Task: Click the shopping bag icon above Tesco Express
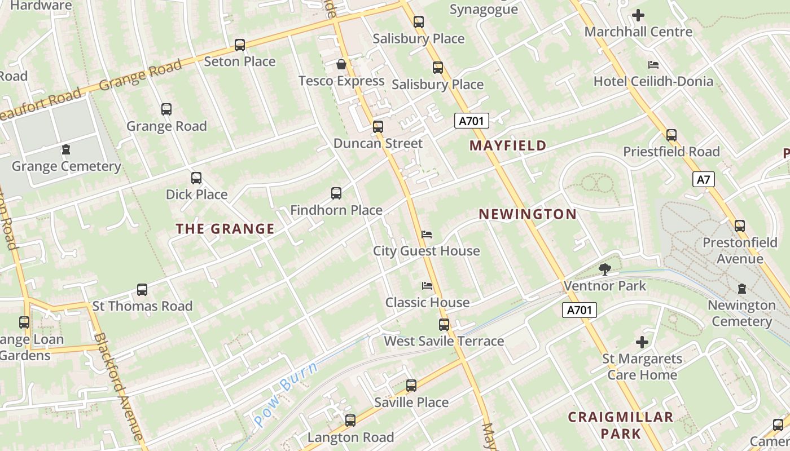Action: click(x=341, y=64)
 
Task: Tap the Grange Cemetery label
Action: click(x=67, y=166)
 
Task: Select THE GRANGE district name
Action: click(x=225, y=229)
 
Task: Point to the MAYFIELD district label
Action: click(x=508, y=145)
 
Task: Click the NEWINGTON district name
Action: click(x=528, y=214)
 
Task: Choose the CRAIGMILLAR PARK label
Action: click(x=620, y=425)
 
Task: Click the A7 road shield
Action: click(x=703, y=180)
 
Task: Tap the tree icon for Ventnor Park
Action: click(x=605, y=269)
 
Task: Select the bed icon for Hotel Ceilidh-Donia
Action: click(x=653, y=65)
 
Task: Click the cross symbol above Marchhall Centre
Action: click(x=638, y=15)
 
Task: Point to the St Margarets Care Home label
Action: click(x=642, y=366)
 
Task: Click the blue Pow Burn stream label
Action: click(x=286, y=394)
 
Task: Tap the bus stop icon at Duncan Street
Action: click(x=378, y=127)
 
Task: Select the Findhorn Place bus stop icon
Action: click(x=336, y=193)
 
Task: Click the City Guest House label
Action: click(x=426, y=251)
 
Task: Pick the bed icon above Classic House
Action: click(x=427, y=286)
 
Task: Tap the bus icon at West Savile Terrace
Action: click(x=444, y=325)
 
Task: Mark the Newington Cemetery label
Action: click(x=741, y=313)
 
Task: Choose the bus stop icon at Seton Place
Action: click(x=240, y=45)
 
